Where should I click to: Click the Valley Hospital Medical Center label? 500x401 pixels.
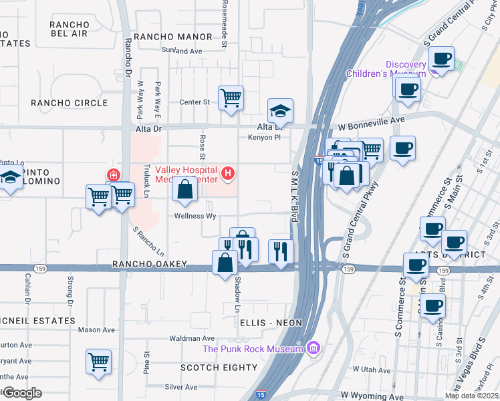point(186,174)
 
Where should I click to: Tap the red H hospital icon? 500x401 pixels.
point(229,175)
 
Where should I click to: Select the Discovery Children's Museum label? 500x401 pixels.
point(386,69)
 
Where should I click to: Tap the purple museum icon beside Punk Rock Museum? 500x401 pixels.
point(311,348)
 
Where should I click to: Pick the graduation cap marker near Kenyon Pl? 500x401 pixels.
point(280,112)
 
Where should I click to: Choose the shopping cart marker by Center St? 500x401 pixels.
point(231,98)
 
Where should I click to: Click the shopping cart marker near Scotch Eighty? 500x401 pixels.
point(98,362)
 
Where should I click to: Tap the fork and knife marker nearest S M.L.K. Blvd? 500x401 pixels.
point(280,251)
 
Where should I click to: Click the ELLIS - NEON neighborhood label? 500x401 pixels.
point(271,323)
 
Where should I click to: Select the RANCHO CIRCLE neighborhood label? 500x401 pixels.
point(69,103)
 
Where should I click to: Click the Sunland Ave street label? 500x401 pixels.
point(181,50)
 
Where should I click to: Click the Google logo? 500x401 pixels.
point(22,393)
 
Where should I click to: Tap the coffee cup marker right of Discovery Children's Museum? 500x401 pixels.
point(441,58)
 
